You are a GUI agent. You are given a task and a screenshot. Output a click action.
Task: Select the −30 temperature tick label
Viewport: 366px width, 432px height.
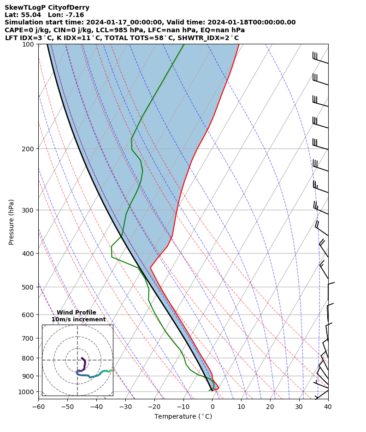[x=125, y=407]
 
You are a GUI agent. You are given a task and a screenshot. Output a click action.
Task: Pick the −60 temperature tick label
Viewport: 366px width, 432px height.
[x=38, y=407]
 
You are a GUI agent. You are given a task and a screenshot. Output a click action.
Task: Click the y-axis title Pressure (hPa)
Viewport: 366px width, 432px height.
[x=11, y=222]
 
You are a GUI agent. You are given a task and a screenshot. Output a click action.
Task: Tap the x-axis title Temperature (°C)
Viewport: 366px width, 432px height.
[x=183, y=417]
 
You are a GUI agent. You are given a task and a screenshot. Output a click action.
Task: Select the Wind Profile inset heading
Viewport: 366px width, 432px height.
[x=77, y=313]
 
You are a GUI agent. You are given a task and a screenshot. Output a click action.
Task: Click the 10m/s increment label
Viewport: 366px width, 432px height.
[x=78, y=320]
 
